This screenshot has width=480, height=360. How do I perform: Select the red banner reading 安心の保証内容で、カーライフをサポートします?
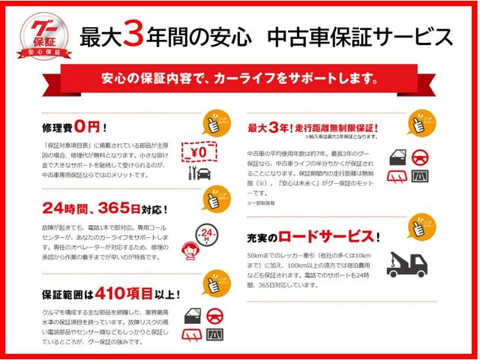click(x=240, y=77)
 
